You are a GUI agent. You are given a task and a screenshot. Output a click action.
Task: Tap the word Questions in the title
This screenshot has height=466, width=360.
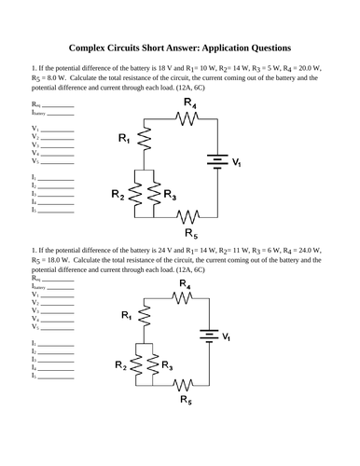tap(264, 47)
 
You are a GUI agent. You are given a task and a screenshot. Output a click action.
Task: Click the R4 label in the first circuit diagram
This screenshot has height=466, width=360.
tap(189, 102)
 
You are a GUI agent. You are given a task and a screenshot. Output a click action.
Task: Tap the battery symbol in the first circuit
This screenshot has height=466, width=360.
tap(217, 162)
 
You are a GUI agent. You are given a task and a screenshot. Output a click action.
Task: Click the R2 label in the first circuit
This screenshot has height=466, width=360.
tap(118, 195)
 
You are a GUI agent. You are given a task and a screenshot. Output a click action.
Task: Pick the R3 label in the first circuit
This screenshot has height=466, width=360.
tap(169, 195)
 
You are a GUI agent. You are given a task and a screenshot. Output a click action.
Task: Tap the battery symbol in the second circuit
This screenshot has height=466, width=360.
tap(212, 336)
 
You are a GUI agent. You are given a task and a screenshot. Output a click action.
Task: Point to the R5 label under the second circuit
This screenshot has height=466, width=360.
tap(187, 399)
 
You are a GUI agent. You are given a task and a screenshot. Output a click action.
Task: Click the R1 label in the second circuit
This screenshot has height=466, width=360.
tap(126, 316)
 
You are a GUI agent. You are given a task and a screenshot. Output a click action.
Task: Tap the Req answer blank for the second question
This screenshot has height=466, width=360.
tap(57, 279)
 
